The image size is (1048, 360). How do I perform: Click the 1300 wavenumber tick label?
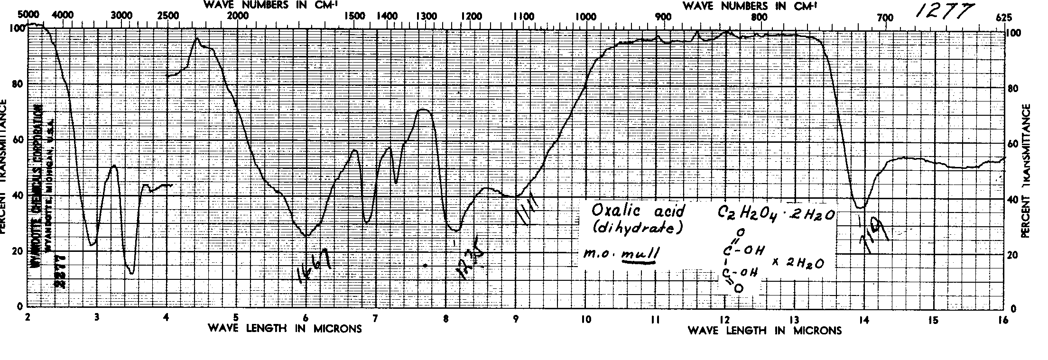click(x=426, y=16)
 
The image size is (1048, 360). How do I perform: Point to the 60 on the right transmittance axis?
click(x=1014, y=143)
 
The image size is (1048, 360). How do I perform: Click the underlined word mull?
click(x=640, y=255)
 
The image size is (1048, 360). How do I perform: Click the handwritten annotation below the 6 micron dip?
click(x=314, y=266)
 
